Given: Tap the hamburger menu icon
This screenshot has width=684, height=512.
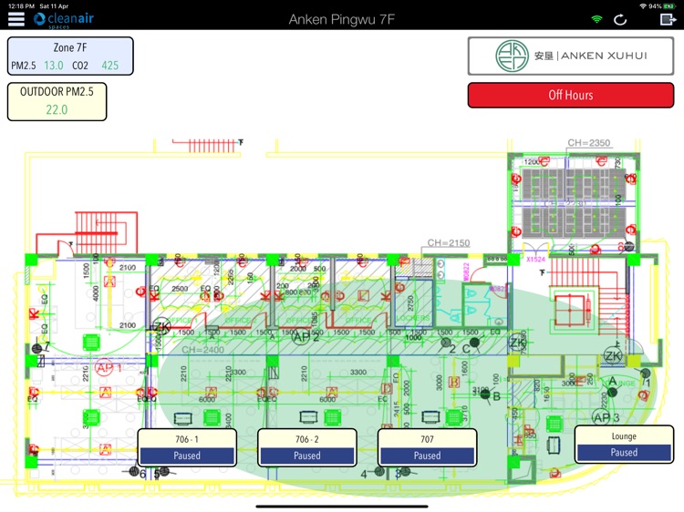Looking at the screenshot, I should click(x=16, y=19).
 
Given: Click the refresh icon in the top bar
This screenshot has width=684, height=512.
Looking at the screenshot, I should click(x=621, y=19).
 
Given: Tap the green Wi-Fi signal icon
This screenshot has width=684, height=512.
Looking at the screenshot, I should click(x=597, y=19).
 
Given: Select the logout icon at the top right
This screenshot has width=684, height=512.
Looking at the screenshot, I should click(x=668, y=19).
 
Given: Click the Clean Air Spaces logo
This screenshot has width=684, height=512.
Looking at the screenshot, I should click(x=63, y=19).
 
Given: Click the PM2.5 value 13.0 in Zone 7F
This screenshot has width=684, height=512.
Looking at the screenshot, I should click(x=54, y=66).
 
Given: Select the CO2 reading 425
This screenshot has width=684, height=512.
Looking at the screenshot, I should click(x=110, y=66).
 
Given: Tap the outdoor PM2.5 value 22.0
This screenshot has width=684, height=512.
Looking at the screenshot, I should click(x=57, y=109).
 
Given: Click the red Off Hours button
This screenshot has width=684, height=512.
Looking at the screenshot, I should click(x=570, y=95).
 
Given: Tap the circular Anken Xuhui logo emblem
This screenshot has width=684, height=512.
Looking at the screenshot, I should click(x=512, y=56).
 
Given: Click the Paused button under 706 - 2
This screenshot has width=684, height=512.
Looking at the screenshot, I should click(x=307, y=456).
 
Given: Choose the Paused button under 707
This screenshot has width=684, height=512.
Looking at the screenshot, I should click(x=427, y=456).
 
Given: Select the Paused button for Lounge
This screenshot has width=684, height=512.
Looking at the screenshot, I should click(x=624, y=452).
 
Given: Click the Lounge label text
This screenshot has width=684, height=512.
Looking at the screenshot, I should click(x=624, y=436).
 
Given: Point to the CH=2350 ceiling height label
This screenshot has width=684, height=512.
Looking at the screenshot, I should click(x=588, y=143).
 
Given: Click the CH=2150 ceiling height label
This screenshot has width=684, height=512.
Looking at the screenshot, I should click(x=448, y=243).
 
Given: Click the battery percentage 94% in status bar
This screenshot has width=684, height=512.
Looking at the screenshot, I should click(x=655, y=6).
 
